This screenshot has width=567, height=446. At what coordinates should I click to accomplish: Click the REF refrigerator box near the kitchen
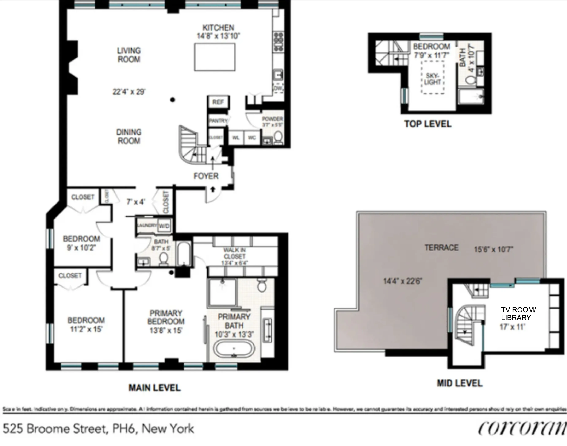pos(218,102)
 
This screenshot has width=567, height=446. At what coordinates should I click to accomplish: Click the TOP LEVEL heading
pos(428,124)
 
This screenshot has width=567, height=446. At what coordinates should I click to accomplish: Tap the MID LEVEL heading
pos(460,383)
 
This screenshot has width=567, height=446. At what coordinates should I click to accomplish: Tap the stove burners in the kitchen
pos(278,42)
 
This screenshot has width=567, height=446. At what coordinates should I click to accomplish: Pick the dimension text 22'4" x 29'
pos(129,92)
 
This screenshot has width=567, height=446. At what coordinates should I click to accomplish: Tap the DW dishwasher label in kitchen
pos(278,88)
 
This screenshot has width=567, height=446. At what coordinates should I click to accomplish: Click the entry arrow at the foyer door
pos(213,189)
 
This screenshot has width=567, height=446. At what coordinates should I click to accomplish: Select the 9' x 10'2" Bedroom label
pos(81,243)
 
